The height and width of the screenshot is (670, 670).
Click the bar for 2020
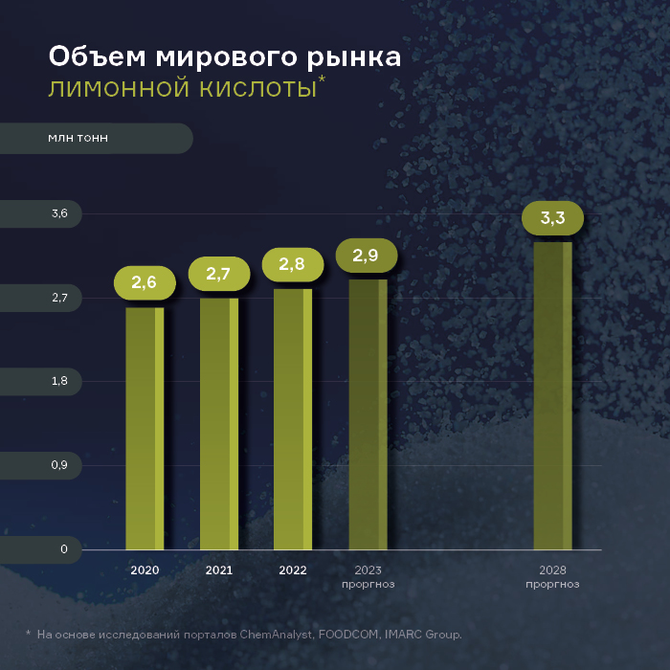click(x=145, y=429)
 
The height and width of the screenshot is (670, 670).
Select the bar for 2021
click(x=219, y=424)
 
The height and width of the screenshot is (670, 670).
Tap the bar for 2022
click(x=293, y=419)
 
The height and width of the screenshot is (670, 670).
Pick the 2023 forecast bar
click(x=368, y=414)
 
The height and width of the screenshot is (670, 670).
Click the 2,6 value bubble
click(x=145, y=282)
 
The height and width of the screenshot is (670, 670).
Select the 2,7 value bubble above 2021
click(x=218, y=275)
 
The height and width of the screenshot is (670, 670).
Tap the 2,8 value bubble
click(x=292, y=264)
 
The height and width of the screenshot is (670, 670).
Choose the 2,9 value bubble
click(x=366, y=256)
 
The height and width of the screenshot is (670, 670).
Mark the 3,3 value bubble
click(x=552, y=218)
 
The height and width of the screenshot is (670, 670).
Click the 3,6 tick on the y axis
click(x=59, y=213)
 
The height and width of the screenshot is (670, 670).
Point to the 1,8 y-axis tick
click(x=59, y=382)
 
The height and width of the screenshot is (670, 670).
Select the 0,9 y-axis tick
click(x=59, y=465)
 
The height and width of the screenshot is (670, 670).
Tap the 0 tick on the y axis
click(x=64, y=549)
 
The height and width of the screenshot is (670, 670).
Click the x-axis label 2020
click(x=145, y=570)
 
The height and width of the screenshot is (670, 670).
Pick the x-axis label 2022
click(x=293, y=570)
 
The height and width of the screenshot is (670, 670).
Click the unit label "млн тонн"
click(x=78, y=138)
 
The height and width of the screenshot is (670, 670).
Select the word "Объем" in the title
click(x=91, y=57)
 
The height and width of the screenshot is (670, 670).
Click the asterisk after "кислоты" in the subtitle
click(x=322, y=80)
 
